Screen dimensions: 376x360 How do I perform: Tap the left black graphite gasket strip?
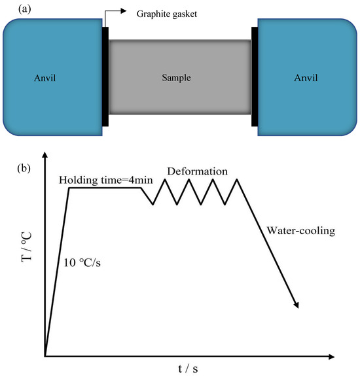coord(105,77)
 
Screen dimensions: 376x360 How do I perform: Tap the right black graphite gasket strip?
coord(254,77)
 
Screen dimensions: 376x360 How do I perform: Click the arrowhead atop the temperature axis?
coord(45,156)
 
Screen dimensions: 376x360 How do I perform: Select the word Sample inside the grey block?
coord(179,77)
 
